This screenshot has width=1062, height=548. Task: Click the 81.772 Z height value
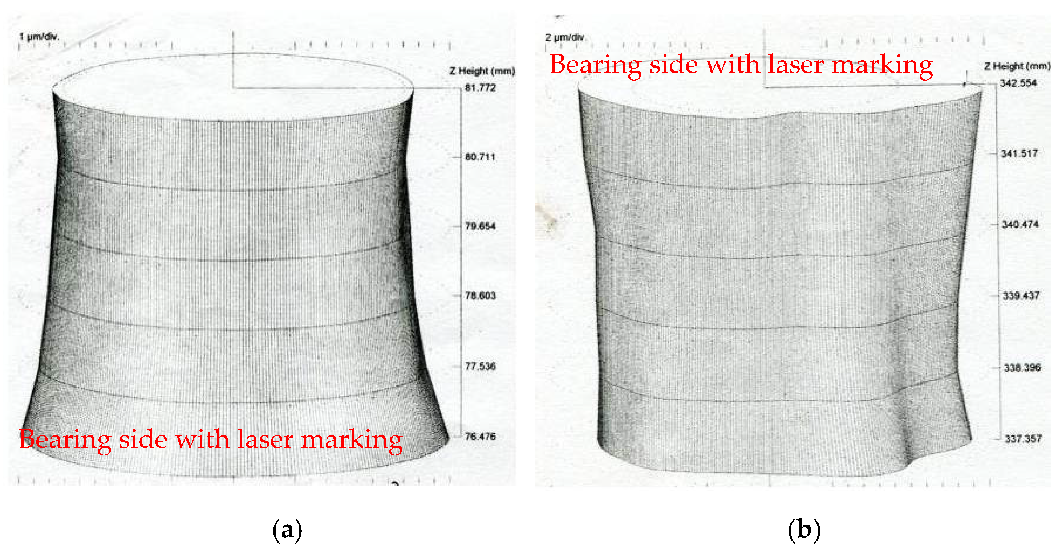pos(480,88)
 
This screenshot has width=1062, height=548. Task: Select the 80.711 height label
pos(480,157)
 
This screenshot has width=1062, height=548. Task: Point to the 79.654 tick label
pos(480,226)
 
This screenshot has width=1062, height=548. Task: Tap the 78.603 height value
pos(480,295)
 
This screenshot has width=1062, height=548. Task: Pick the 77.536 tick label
pos(480,366)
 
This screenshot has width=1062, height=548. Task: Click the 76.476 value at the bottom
pos(480,436)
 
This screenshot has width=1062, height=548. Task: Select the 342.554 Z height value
pos(1018,83)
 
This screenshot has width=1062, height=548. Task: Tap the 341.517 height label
pos(1019,153)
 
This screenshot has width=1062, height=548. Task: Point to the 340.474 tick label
pos(1020,225)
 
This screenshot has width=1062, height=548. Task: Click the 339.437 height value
pos(1021,295)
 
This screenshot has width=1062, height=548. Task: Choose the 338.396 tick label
pos(1022,368)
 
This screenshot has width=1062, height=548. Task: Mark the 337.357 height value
pos(1023,439)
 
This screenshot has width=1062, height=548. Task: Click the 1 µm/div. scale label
pos(39,37)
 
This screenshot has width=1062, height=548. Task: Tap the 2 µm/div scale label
pos(565,37)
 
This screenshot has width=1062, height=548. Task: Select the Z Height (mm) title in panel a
pos(482,71)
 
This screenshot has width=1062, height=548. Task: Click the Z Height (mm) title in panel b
pos(1017,66)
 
